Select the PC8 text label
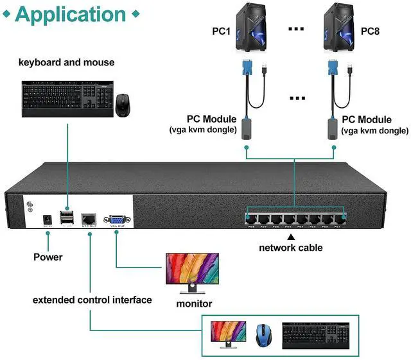click(371, 31)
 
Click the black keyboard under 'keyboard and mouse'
click(67, 96)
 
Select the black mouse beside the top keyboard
click(123, 105)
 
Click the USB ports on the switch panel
click(67, 218)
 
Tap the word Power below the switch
click(48, 257)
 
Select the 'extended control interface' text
click(92, 300)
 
